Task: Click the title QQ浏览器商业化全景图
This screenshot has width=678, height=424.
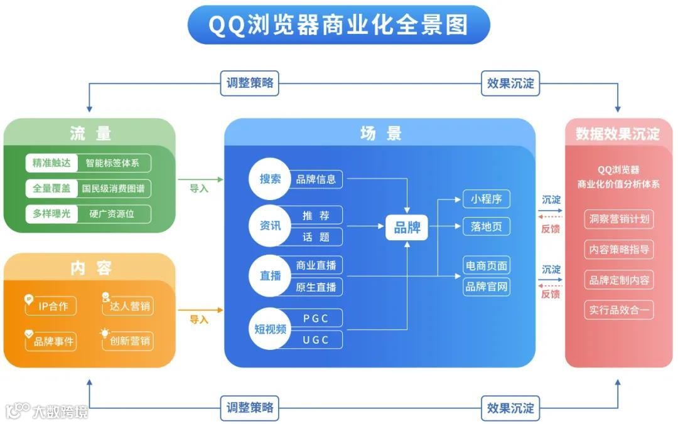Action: pos(338,25)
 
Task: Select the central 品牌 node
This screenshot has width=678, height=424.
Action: pos(407,227)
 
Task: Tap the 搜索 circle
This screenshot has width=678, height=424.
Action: pos(270,179)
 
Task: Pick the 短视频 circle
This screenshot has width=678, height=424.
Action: pos(270,329)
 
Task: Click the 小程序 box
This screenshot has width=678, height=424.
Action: pos(487,199)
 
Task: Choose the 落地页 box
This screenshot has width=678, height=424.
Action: pos(487,226)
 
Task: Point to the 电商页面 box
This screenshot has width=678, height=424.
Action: pos(487,265)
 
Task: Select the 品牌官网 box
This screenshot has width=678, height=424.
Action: pos(487,287)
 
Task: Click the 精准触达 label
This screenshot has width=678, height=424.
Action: pos(52,164)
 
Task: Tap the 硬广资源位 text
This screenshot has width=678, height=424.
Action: pos(113,214)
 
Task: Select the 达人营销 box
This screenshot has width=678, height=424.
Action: pos(128,306)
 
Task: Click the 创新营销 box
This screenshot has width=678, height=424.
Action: pos(128,341)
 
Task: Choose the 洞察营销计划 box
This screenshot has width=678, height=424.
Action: pos(619,220)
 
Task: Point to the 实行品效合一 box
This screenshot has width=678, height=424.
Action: pos(619,310)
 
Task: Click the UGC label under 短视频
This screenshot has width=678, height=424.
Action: pos(316,340)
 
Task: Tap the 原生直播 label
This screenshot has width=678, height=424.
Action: pos(316,287)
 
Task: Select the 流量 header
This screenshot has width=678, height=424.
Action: pos(90,133)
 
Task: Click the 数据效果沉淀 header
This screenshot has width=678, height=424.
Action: pos(618,134)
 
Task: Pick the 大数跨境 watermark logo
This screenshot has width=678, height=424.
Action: pos(47,411)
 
